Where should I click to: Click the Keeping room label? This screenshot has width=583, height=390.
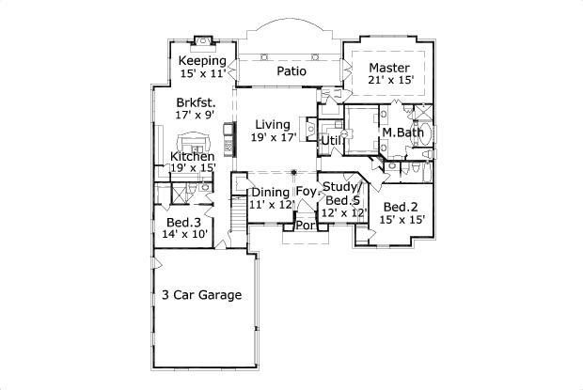coord(203,61)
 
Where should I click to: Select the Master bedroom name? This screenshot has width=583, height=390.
coord(387,68)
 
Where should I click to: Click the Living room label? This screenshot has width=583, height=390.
coord(274,124)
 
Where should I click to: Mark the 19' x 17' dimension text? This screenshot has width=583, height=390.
coord(274,137)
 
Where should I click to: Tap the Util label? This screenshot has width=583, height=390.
coord(331,141)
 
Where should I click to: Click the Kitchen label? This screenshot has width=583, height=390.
coord(193,156)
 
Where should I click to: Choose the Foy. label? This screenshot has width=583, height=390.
coord(308,193)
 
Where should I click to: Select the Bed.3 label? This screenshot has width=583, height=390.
coord(184,223)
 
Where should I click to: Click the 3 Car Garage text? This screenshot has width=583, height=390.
coord(201,295)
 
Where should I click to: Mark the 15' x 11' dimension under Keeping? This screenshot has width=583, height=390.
coord(203,73)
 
